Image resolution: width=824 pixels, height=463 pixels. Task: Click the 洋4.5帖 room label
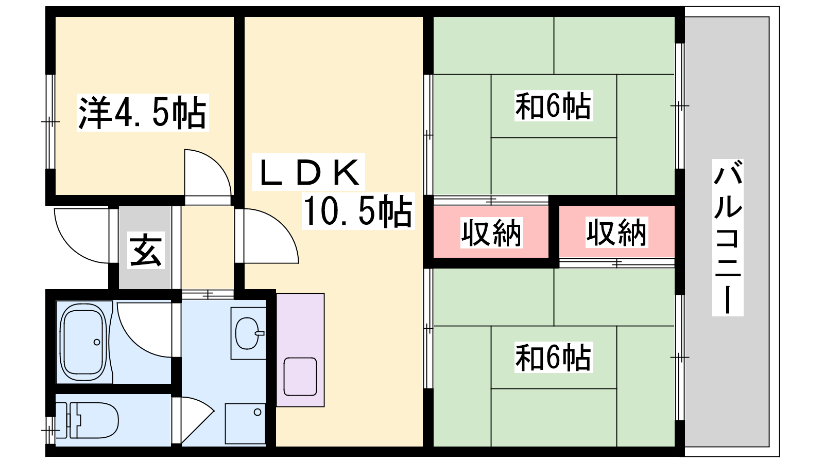(143, 113)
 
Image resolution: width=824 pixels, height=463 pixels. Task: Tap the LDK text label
(309, 172)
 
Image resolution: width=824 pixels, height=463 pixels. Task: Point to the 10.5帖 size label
(358, 211)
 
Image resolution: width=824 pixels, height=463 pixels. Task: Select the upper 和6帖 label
(553, 106)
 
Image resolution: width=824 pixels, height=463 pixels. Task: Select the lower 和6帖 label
(553, 358)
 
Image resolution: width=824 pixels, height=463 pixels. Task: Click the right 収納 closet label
(616, 233)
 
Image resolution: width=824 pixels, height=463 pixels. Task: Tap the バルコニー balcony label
(728, 238)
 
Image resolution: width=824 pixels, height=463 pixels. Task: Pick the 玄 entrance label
(146, 250)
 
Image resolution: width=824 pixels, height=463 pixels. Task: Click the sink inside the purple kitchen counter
(300, 376)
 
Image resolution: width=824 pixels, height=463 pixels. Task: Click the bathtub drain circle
(97, 342)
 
